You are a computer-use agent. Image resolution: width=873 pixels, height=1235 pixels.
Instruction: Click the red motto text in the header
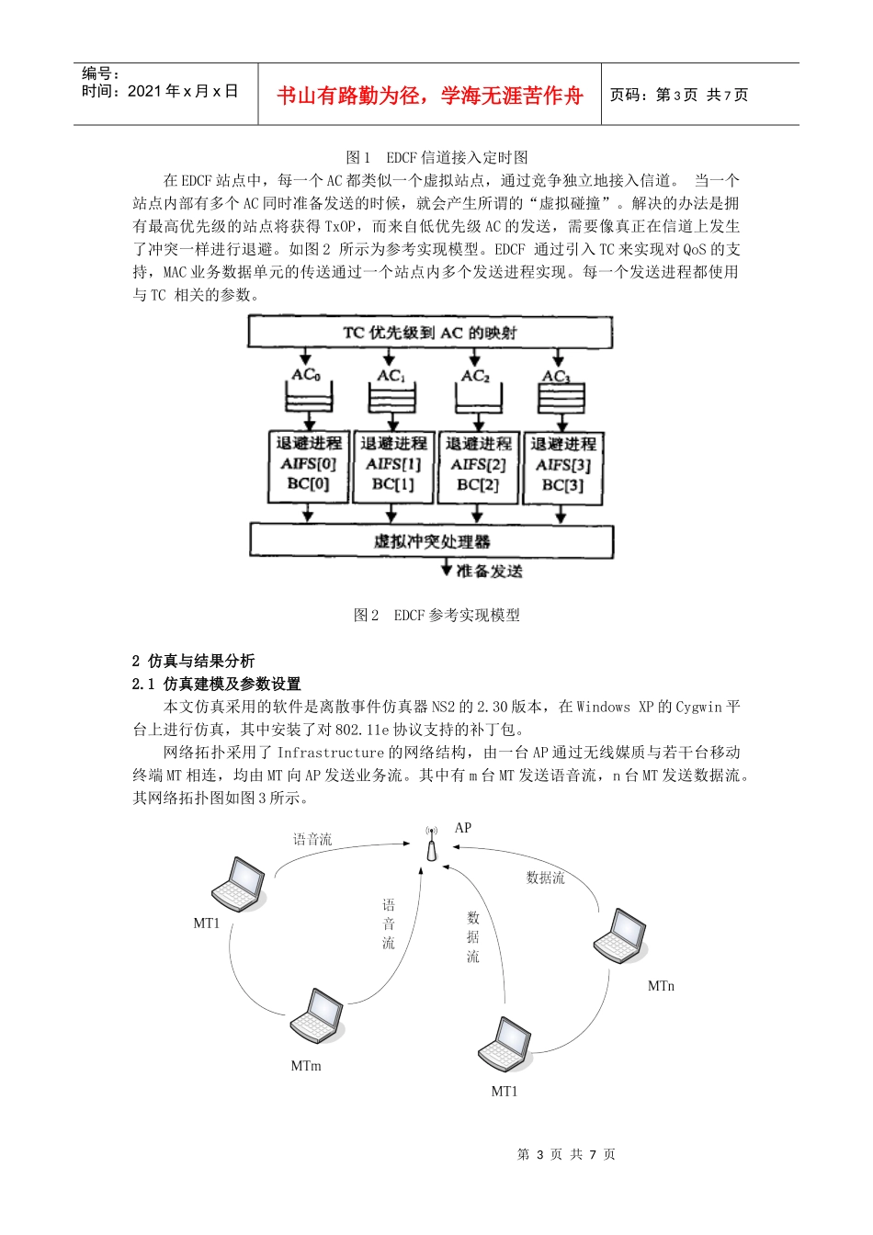[429, 96]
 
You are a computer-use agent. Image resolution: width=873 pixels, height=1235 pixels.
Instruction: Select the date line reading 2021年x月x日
[160, 91]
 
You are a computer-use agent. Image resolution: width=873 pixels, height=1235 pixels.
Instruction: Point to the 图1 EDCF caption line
[436, 157]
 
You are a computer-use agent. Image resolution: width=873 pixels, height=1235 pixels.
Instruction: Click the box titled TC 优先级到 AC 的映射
[430, 333]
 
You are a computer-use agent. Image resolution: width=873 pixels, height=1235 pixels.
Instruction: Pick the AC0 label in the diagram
[306, 375]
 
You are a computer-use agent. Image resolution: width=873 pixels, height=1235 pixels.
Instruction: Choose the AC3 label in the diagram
[556, 376]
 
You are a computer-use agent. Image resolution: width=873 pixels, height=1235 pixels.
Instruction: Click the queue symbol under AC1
[391, 399]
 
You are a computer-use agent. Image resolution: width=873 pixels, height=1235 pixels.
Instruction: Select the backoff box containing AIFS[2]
[479, 467]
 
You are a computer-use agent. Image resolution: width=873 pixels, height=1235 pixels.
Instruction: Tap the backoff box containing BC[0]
[309, 467]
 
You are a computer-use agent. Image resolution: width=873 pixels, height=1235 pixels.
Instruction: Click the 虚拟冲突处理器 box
[431, 541]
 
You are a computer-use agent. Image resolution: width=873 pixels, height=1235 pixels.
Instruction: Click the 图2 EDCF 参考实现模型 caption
[436, 615]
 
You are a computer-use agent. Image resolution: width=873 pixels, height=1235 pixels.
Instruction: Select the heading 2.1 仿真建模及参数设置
[217, 684]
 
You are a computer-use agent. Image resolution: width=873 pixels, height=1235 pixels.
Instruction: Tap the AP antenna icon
[432, 844]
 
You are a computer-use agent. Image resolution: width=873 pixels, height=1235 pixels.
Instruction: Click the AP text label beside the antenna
[463, 828]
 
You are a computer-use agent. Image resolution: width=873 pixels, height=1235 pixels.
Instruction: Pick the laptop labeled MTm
[318, 1015]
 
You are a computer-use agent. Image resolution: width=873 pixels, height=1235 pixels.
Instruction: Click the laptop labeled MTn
[620, 935]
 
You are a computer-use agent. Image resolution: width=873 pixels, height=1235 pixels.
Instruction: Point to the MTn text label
[661, 986]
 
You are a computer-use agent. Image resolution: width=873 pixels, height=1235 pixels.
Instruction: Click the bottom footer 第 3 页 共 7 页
[566, 1154]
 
